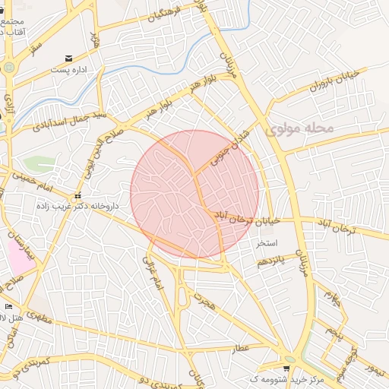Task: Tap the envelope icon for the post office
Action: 69,58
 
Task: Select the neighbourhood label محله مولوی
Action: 300,129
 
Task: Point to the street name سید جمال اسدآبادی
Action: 81,118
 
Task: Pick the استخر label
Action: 270,243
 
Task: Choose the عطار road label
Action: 241,348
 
